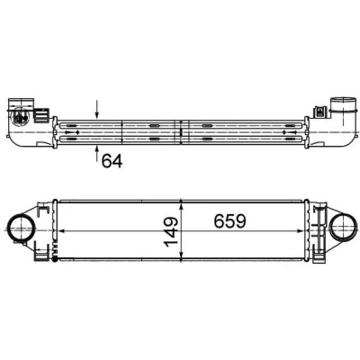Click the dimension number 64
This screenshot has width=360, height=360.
tap(112, 161)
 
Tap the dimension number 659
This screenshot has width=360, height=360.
tap(229, 221)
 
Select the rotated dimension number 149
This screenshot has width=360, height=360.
tap(171, 232)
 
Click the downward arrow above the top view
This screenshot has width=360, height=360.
tap(96, 109)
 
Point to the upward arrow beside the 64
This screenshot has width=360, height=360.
tap(96, 153)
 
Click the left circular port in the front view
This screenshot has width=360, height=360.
tap(20, 229)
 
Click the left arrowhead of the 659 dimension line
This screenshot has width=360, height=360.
tap(60, 231)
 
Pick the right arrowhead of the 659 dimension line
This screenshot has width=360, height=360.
tap(300, 231)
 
